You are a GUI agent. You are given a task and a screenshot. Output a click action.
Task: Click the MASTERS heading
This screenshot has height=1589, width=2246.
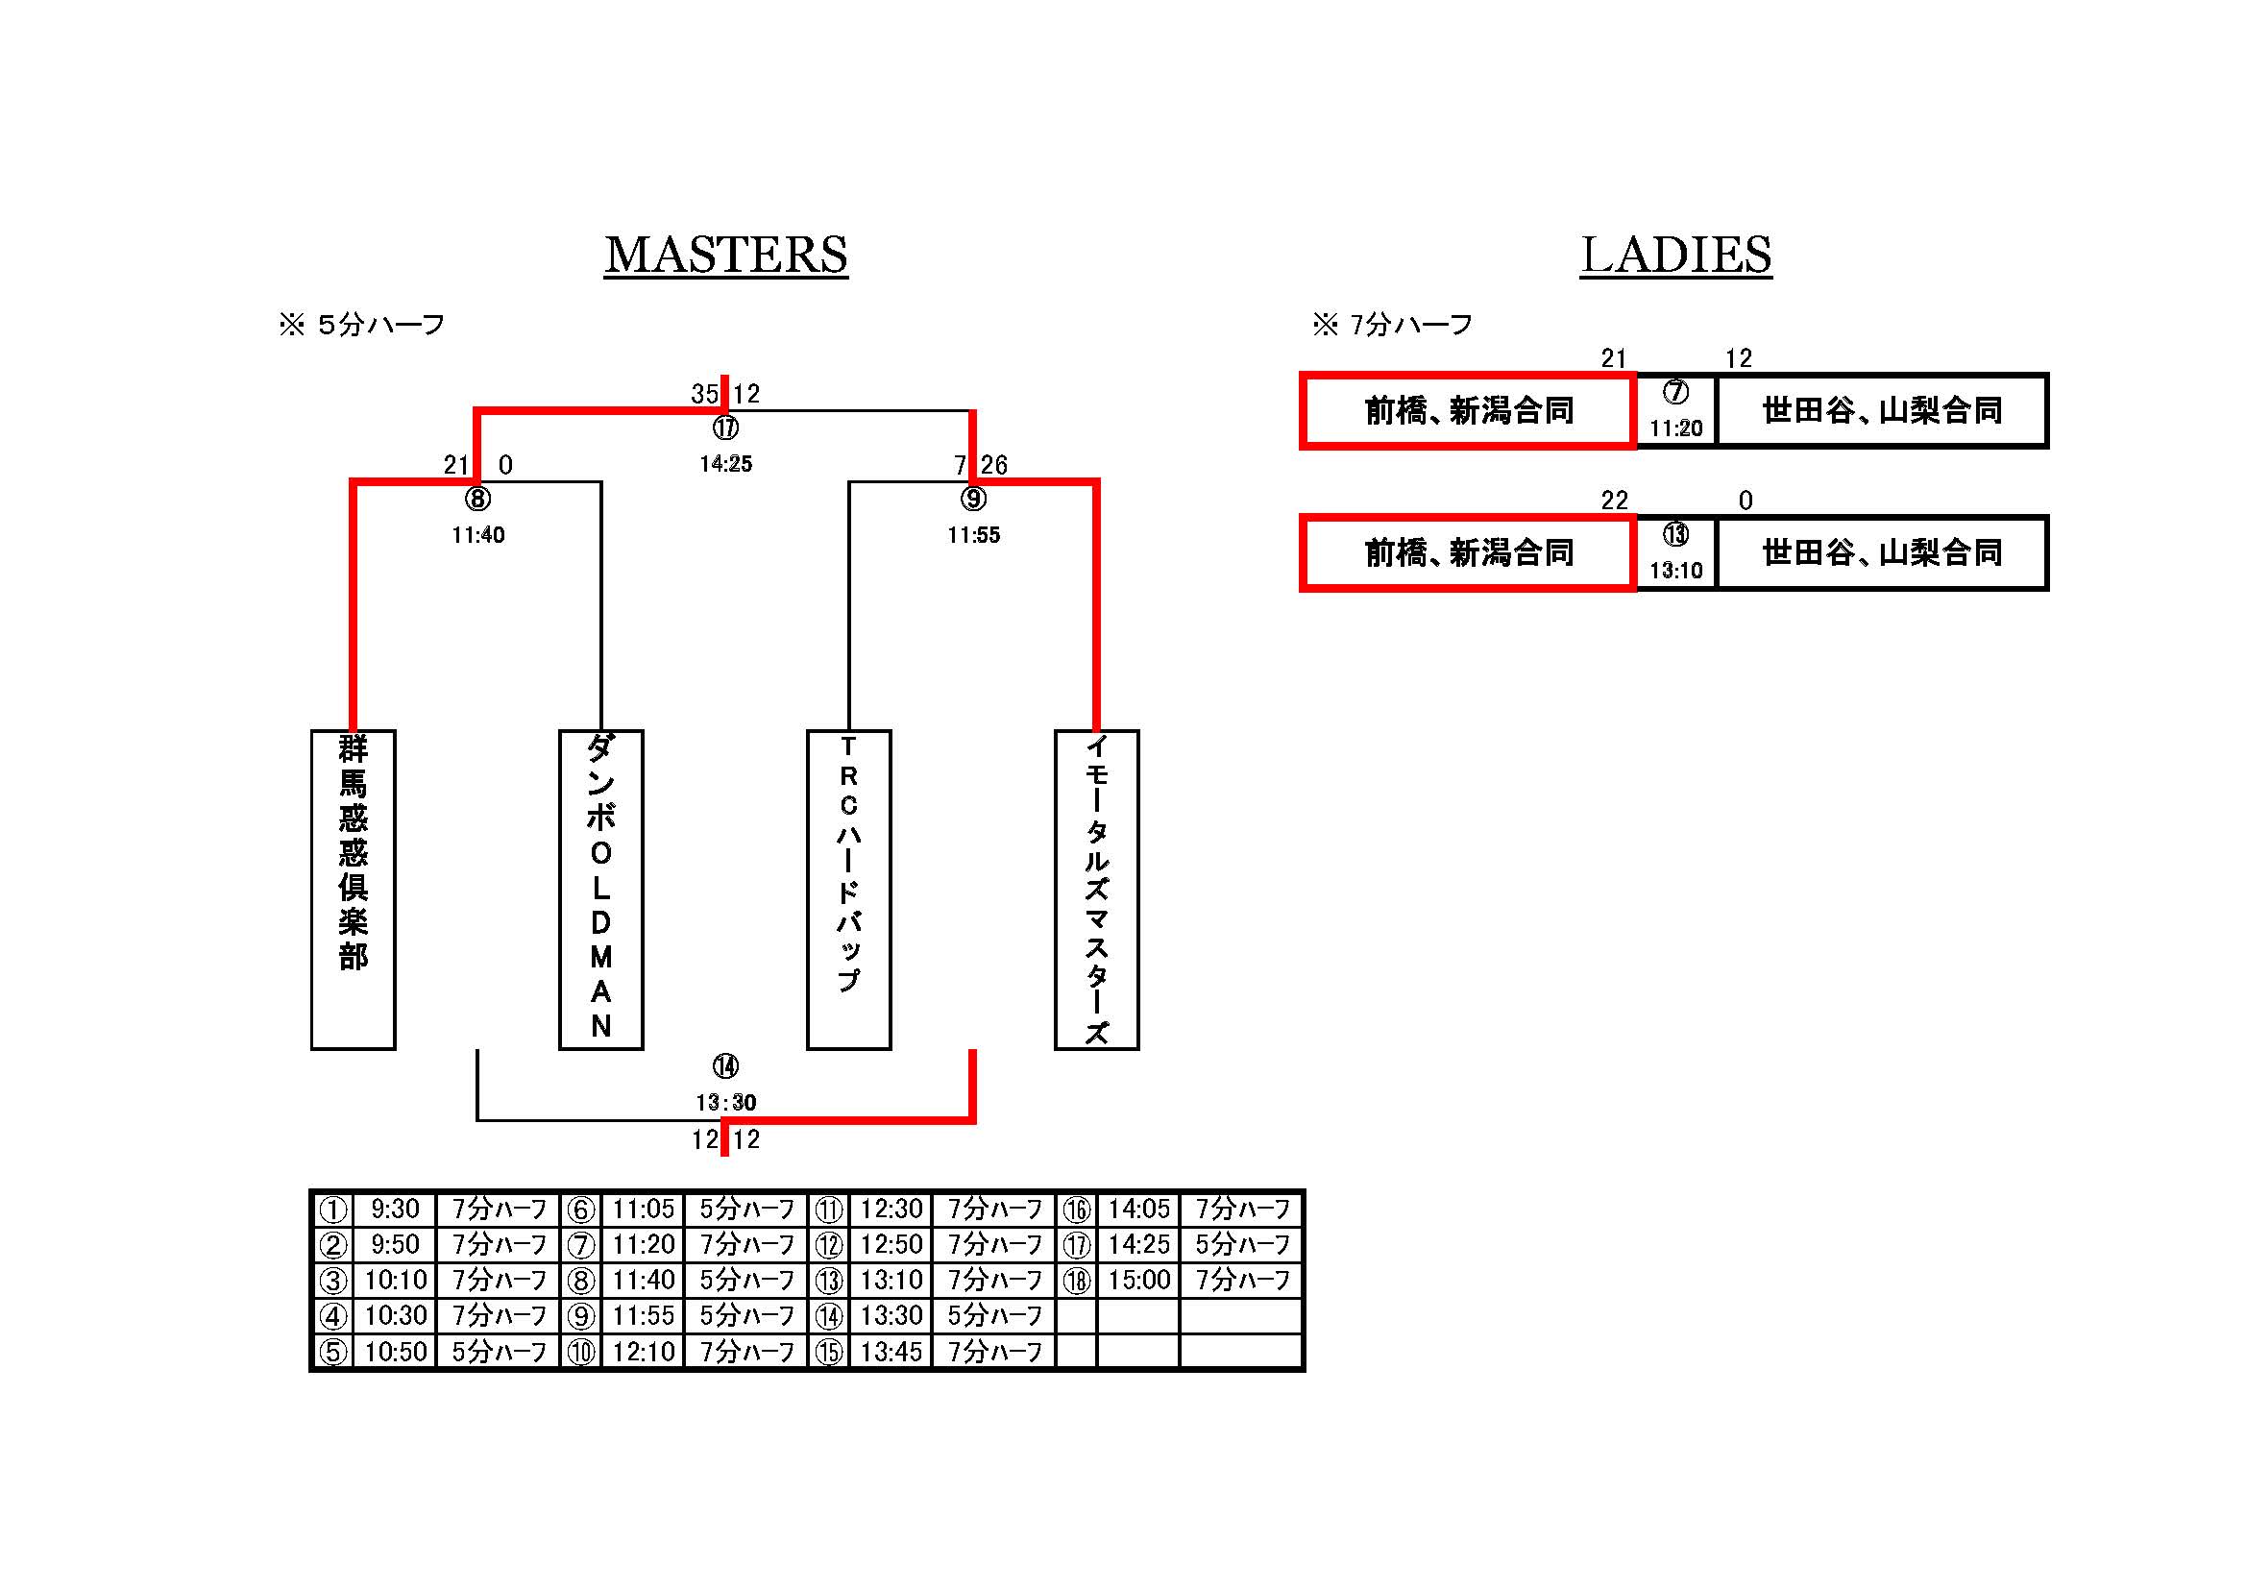(725, 256)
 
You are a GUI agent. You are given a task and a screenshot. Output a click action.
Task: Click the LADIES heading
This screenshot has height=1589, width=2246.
(1674, 256)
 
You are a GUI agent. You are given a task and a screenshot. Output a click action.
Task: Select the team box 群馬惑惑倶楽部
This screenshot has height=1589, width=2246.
(354, 889)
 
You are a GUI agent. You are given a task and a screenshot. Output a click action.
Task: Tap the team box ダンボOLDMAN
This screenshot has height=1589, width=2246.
(600, 889)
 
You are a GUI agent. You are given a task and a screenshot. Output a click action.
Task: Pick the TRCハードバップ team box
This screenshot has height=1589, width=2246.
(848, 889)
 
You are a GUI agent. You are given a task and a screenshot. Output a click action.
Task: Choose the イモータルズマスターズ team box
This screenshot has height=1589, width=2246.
(1097, 889)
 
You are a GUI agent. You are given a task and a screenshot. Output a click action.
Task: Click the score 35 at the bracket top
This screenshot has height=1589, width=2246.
(704, 393)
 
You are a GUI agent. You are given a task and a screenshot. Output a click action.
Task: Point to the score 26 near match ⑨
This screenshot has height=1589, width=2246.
(994, 465)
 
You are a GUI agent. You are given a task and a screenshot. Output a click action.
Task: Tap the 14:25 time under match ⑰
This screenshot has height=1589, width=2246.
(726, 464)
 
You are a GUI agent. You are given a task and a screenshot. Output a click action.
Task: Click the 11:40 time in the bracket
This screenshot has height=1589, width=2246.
(477, 535)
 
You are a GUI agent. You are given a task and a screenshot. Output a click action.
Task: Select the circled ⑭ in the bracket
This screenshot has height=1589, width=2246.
(725, 1065)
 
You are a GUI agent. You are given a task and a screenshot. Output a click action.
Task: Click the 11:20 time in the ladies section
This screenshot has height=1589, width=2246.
(1675, 428)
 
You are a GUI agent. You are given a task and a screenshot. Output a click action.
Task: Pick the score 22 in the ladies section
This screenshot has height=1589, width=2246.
(1614, 501)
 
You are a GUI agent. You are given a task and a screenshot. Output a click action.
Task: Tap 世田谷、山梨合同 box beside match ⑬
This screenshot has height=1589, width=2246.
(1882, 553)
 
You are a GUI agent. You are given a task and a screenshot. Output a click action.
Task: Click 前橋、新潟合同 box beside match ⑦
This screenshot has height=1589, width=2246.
(1468, 411)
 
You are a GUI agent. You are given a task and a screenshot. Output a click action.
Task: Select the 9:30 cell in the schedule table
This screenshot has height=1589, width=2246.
(395, 1210)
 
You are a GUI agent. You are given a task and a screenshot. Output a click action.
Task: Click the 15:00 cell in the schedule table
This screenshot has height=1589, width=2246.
(1138, 1280)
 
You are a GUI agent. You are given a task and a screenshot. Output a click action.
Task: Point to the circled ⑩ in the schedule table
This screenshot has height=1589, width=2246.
(581, 1353)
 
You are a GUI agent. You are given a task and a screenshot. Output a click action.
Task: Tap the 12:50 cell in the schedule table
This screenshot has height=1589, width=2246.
(891, 1244)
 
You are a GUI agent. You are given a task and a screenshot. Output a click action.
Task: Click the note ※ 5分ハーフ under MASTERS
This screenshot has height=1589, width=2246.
(362, 324)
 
